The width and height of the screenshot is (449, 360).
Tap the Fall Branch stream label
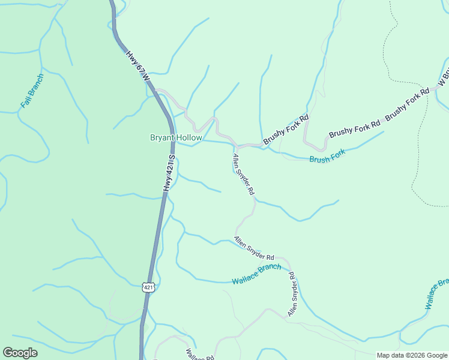point(32,91)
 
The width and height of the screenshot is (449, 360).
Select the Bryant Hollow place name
point(176,138)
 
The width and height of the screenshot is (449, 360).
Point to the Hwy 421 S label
point(169,174)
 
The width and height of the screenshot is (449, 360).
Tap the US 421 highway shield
point(149,287)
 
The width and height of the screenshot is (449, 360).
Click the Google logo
point(20,353)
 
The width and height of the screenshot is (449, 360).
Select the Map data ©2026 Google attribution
point(411,355)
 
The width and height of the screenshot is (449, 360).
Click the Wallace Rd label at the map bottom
point(199,355)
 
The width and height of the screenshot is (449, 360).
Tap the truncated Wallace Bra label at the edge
point(436,295)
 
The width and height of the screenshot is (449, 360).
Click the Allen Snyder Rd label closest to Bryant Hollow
point(244,175)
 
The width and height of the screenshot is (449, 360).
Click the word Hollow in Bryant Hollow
point(188,138)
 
